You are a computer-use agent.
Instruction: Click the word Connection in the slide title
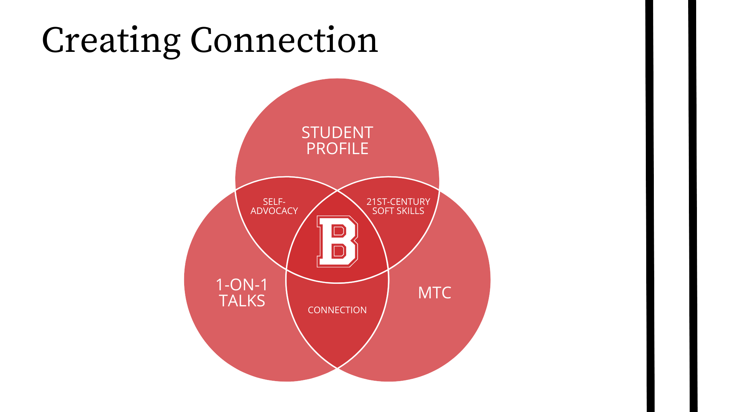pyautogui.click(x=284, y=40)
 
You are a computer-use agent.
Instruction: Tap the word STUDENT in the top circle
pyautogui.click(x=337, y=133)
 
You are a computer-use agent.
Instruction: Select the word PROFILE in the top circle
pyautogui.click(x=337, y=149)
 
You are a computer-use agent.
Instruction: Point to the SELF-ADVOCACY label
pyautogui.click(x=274, y=206)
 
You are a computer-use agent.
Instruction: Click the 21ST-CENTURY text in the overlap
pyautogui.click(x=398, y=202)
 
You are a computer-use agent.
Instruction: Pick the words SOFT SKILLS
pyautogui.click(x=398, y=211)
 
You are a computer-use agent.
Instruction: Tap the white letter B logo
pyautogui.click(x=337, y=241)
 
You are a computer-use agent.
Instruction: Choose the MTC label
pyautogui.click(x=435, y=293)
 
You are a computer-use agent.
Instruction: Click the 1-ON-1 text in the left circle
pyautogui.click(x=242, y=285)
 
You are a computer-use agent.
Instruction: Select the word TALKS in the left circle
pyautogui.click(x=242, y=301)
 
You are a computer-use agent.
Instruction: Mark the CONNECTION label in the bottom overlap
pyautogui.click(x=337, y=310)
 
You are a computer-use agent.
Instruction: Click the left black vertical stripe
pyautogui.click(x=650, y=206)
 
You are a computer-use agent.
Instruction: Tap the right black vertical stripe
pyautogui.click(x=693, y=206)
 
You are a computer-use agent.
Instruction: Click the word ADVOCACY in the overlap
pyautogui.click(x=274, y=211)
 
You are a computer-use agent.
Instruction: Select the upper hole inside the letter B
pyautogui.click(x=339, y=231)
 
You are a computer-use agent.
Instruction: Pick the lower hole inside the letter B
pyautogui.click(x=339, y=251)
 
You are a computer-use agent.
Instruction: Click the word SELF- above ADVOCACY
pyautogui.click(x=274, y=202)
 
